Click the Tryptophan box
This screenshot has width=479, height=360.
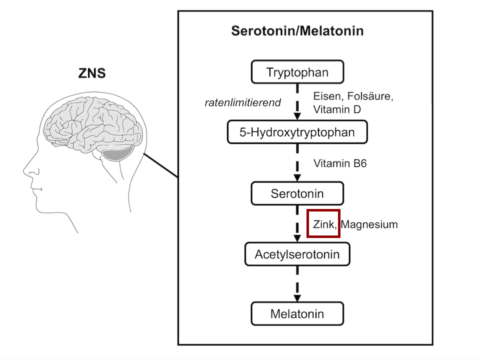(297, 72)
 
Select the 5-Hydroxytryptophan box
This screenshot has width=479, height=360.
(297, 132)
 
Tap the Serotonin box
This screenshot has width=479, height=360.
(297, 193)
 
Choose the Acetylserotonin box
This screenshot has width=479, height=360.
(297, 254)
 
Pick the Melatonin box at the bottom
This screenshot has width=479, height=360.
(297, 314)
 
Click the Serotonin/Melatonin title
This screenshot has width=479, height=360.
(297, 31)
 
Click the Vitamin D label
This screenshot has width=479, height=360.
(337, 109)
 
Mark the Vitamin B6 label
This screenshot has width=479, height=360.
(340, 163)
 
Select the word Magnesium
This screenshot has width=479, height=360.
(370, 224)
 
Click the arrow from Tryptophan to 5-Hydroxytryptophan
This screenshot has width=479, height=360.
(297, 102)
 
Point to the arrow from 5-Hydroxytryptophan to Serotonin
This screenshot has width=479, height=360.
(297, 163)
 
